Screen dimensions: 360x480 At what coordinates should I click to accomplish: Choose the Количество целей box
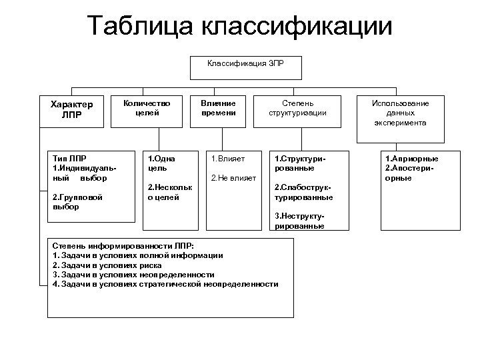[x=147, y=108]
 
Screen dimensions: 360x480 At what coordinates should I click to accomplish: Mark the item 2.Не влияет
[x=231, y=177]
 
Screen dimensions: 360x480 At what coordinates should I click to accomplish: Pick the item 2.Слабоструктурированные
[x=304, y=193]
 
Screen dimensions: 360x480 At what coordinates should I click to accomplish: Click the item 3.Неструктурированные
[x=299, y=221]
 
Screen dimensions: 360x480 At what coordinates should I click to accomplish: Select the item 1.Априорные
[x=411, y=159]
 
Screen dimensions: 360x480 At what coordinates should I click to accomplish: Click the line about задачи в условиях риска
[x=107, y=265]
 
